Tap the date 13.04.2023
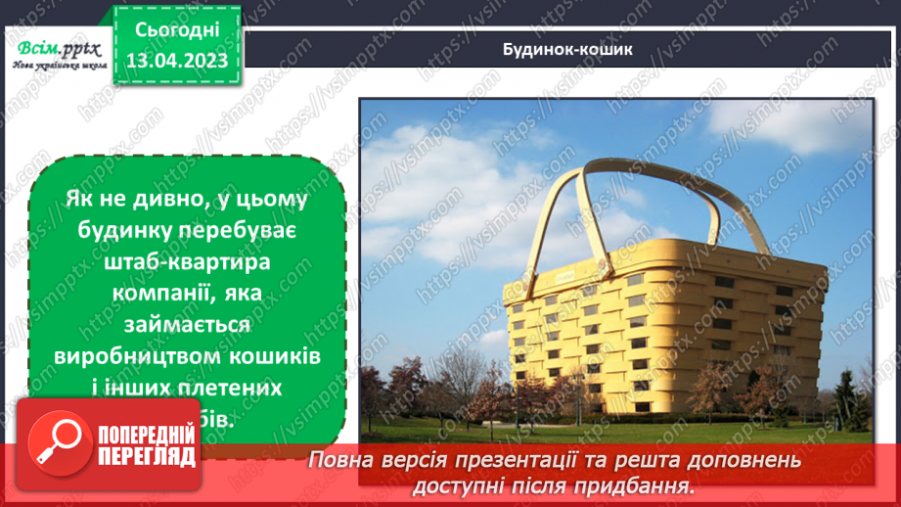point(177,61)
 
